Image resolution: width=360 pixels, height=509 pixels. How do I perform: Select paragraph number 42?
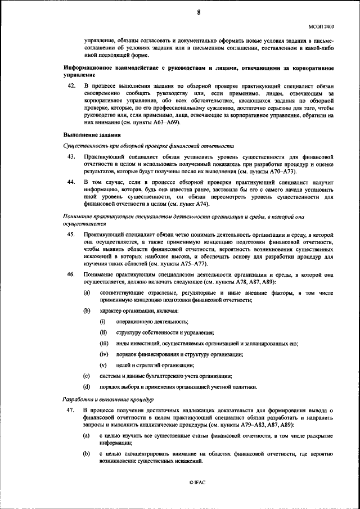point(71,85)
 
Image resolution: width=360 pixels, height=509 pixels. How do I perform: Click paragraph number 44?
point(71,183)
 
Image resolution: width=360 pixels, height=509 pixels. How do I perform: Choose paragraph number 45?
point(71,233)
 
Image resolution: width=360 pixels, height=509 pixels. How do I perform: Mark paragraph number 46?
point(71,274)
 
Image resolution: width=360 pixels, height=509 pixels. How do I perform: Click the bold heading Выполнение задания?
point(91,135)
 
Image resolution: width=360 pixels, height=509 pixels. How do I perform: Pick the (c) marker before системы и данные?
point(87,376)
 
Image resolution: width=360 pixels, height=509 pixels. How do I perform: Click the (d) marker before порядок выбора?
point(87,386)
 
